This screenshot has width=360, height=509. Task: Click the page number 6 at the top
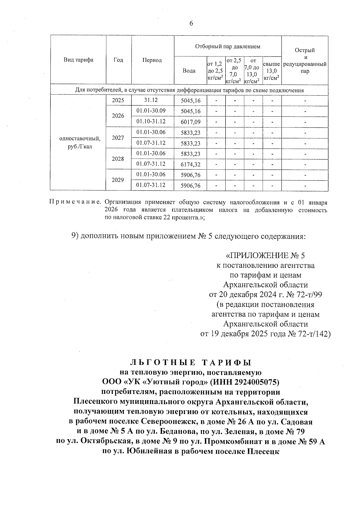191,23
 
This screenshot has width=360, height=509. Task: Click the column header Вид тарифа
78,60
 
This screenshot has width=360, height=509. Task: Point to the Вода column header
189,71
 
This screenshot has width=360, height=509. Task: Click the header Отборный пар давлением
227,46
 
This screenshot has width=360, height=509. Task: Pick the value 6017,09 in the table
191,122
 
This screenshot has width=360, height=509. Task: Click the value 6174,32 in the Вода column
191,164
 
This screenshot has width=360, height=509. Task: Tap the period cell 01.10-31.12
151,121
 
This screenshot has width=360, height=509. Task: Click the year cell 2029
118,180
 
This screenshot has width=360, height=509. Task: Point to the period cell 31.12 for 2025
151,100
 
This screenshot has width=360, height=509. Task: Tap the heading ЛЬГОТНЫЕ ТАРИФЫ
190,363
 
